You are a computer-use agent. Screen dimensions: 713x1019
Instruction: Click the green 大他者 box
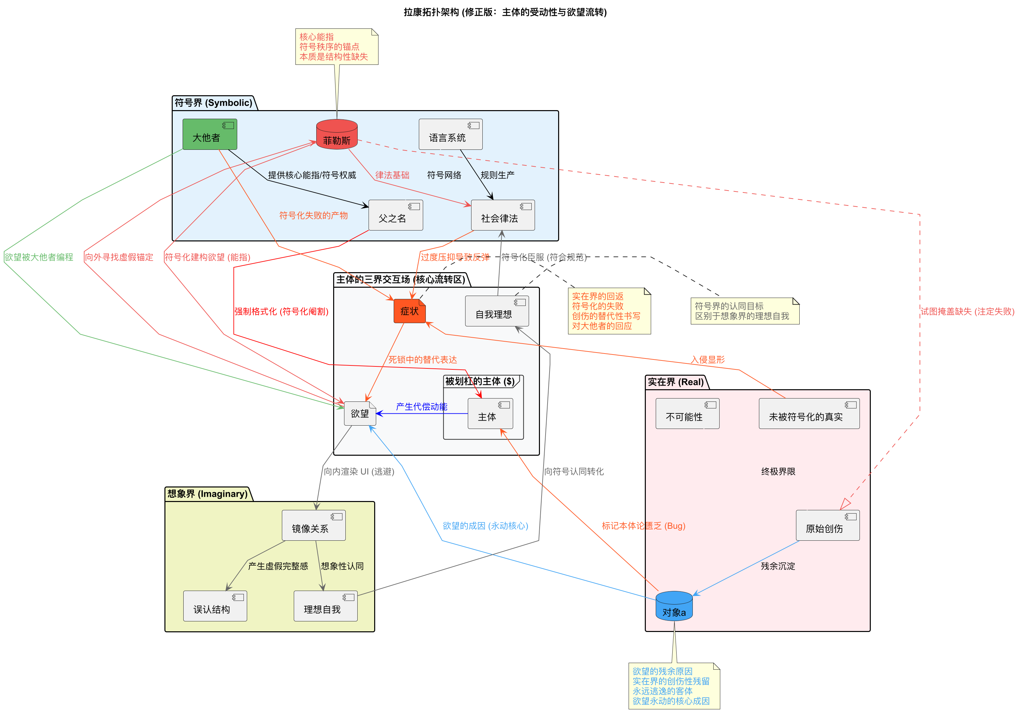pyautogui.click(x=209, y=135)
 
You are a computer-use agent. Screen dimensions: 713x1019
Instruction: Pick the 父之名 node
pyautogui.click(x=395, y=215)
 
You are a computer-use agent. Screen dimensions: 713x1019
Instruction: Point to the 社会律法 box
pyautogui.click(x=503, y=215)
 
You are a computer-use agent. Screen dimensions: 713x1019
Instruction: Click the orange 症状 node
pyautogui.click(x=409, y=311)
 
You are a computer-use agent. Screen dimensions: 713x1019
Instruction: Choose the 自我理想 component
pyautogui.click(x=496, y=311)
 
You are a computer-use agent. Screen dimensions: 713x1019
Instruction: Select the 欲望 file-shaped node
pyautogui.click(x=360, y=413)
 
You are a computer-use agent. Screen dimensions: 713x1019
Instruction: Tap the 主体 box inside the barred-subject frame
pyautogui.click(x=490, y=413)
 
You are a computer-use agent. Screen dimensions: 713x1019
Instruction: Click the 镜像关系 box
pyautogui.click(x=313, y=525)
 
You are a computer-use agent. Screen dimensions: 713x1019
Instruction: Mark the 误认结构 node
pyautogui.click(x=215, y=606)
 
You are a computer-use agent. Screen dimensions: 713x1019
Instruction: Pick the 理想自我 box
pyautogui.click(x=325, y=606)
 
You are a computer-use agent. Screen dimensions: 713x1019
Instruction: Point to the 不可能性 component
pyautogui.click(x=687, y=413)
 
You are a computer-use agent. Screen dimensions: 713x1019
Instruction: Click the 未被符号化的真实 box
pyautogui.click(x=809, y=413)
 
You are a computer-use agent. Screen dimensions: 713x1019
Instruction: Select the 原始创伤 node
pyautogui.click(x=827, y=525)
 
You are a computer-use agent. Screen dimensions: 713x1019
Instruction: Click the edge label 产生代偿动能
pyautogui.click(x=421, y=406)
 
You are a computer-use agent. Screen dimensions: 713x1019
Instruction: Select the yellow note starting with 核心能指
pyautogui.click(x=336, y=47)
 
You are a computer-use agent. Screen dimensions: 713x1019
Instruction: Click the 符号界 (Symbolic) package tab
pyautogui.click(x=213, y=103)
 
